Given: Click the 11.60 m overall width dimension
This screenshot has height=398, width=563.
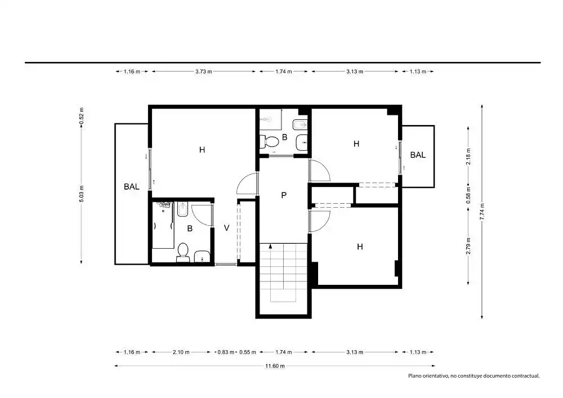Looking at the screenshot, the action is [x=275, y=366].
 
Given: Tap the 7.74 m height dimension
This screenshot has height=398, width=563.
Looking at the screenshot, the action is [x=482, y=212].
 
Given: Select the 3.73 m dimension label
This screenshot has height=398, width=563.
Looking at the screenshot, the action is [x=204, y=71].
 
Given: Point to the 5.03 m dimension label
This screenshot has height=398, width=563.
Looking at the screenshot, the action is [x=82, y=194].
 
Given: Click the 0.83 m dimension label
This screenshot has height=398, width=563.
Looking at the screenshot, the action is [x=226, y=352].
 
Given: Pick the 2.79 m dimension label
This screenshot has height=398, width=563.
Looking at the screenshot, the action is [x=468, y=246].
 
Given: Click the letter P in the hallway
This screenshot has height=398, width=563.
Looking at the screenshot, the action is [x=284, y=195].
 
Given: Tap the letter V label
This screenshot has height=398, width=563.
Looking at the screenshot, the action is [x=226, y=228].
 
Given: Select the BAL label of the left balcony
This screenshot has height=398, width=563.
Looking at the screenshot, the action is [x=131, y=187].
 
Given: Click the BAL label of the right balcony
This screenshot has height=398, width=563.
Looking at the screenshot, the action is [x=418, y=155].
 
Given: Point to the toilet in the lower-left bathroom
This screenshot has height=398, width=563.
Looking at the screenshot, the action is [x=183, y=253].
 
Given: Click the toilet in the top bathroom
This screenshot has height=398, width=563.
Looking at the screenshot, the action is [x=269, y=141].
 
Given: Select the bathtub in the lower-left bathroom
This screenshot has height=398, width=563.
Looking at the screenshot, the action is [x=163, y=225].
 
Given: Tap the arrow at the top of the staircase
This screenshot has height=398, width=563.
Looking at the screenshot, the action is [x=270, y=246].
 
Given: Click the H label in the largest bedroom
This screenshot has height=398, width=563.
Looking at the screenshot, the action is [x=202, y=150].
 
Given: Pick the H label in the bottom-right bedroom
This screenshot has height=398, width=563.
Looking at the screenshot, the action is [x=360, y=247].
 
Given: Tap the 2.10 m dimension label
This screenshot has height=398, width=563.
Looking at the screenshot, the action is [x=181, y=352].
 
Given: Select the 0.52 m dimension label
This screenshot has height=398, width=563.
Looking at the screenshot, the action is [x=82, y=116].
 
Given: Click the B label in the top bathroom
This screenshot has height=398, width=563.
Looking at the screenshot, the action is [x=285, y=137].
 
